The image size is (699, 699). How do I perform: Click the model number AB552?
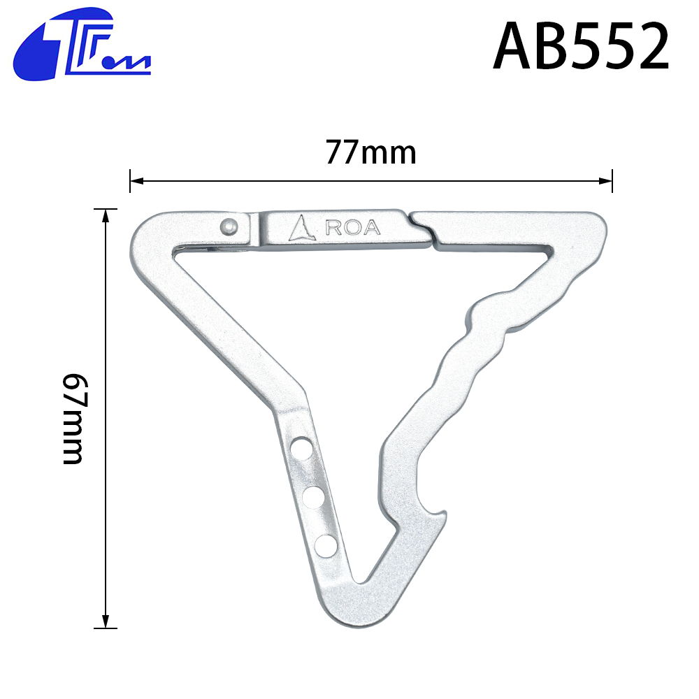tap(582, 46)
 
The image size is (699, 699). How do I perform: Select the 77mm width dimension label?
tap(371, 152)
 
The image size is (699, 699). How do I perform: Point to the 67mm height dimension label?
tap(73, 419)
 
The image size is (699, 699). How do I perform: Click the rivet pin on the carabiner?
tap(229, 227)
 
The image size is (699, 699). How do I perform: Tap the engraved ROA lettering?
tap(353, 227)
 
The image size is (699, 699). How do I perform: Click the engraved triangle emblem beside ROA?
tap(302, 228)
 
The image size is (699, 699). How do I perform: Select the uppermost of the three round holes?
tap(301, 448)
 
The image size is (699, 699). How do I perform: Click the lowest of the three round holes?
tap(326, 546)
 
